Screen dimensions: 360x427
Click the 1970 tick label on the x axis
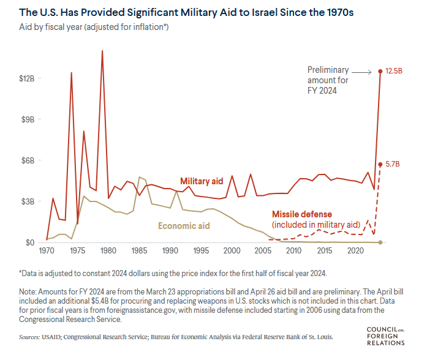[x=47, y=252]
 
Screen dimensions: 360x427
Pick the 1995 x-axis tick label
[x=200, y=252]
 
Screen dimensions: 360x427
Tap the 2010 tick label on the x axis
[x=293, y=252]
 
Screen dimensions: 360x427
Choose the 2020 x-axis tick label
[x=355, y=252]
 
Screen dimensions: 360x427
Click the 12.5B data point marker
[x=380, y=71]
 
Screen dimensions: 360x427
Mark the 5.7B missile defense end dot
[x=380, y=164]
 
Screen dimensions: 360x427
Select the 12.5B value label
[x=394, y=71]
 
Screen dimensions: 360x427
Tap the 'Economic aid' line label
[x=184, y=226]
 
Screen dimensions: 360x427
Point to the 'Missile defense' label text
[x=301, y=214]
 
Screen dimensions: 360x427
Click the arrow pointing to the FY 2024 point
[x=361, y=72]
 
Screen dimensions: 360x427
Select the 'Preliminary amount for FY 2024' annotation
[x=328, y=80]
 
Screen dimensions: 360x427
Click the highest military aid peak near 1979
[x=102, y=51]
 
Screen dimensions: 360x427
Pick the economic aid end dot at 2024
[x=380, y=242]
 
